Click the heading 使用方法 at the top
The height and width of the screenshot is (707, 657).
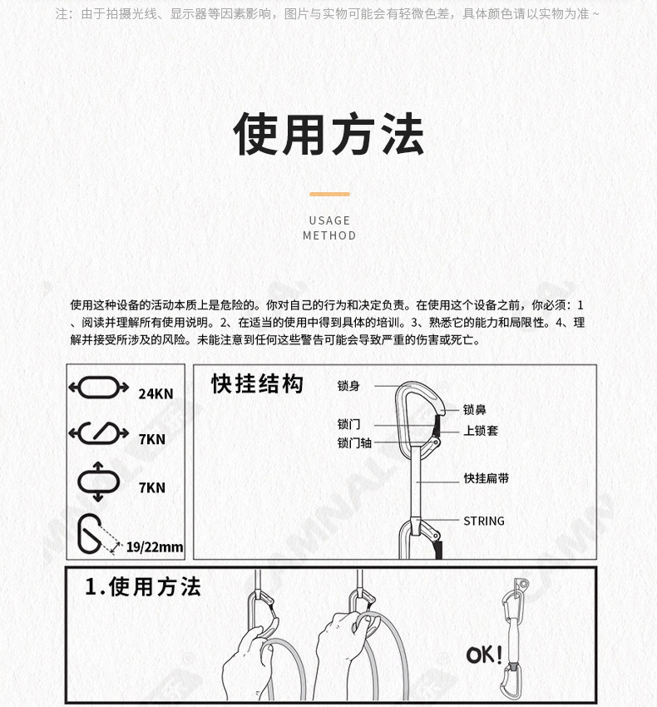click(328, 135)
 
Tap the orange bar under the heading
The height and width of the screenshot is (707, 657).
click(329, 194)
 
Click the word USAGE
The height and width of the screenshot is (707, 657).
click(329, 220)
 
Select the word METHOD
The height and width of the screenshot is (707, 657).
click(329, 235)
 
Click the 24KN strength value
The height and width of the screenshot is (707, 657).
click(156, 393)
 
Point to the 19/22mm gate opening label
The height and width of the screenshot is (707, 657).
click(155, 546)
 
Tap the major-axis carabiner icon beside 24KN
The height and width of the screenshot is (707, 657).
click(98, 388)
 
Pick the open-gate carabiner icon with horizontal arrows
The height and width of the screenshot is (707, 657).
click(98, 433)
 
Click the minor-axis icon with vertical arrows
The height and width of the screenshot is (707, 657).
click(98, 481)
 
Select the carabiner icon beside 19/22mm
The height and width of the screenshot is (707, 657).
click(96, 534)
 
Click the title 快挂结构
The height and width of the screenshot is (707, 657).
click(257, 384)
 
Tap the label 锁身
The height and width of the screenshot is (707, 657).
click(348, 386)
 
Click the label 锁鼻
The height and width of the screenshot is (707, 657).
click(475, 409)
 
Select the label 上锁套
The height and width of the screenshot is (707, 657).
click(481, 431)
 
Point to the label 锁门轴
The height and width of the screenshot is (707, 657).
click(354, 443)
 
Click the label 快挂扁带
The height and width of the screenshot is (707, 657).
click(487, 478)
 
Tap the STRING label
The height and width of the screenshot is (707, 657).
click(484, 521)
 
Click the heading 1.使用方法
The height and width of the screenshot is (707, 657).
click(143, 587)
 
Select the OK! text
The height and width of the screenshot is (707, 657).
click(484, 655)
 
